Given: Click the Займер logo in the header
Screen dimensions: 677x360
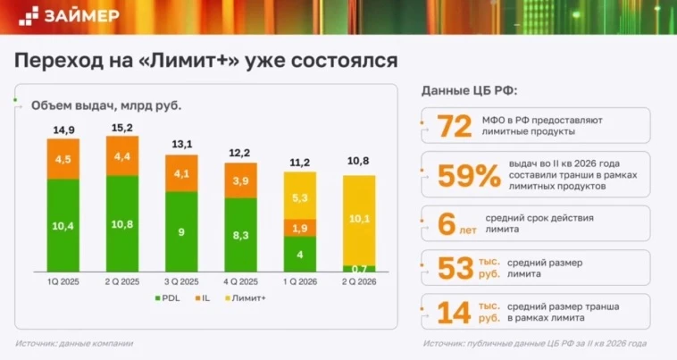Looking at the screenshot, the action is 69,16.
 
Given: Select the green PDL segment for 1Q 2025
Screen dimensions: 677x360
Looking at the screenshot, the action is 63,225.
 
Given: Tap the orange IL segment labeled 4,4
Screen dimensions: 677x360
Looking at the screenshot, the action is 122,155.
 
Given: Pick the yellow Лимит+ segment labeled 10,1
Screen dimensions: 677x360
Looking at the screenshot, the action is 359,220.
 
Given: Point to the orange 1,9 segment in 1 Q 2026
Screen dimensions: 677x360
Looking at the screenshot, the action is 300,228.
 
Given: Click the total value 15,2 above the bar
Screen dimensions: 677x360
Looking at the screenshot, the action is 122,128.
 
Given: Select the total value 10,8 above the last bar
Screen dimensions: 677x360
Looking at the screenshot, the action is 358,161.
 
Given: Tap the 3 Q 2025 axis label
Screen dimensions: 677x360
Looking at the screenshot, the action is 181,282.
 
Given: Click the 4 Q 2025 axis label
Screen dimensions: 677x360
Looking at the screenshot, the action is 240,282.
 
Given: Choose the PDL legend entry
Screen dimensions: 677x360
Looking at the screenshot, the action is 168,298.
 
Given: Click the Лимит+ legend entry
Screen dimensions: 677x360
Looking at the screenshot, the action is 246,298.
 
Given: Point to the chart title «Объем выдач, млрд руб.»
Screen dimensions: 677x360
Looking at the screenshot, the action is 106,105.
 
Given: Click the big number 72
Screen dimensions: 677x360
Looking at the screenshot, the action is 455,126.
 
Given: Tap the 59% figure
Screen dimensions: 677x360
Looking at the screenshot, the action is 469,175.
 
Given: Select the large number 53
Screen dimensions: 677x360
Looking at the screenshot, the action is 456,268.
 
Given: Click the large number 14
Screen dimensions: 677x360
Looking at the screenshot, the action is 454,313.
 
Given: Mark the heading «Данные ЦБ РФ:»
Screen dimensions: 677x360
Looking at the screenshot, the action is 469,90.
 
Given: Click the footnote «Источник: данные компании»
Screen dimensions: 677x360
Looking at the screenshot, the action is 74,344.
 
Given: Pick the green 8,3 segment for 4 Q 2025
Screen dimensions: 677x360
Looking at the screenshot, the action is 241,235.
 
